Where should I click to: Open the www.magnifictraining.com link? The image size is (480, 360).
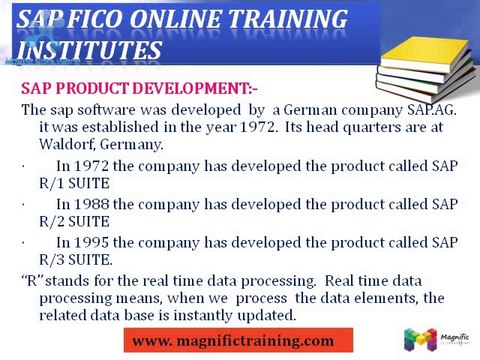point(233,341)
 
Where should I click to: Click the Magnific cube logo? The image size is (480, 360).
point(420,338)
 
